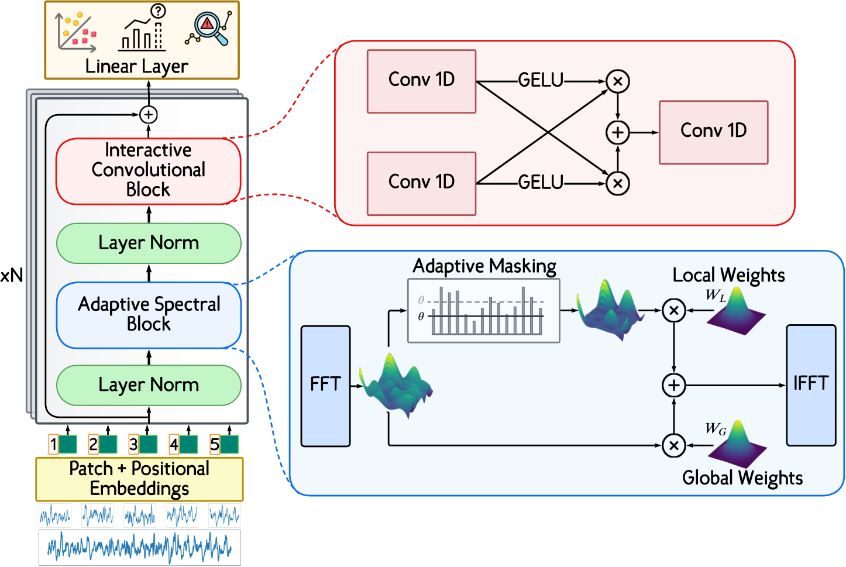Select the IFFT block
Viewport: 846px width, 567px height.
[810, 385]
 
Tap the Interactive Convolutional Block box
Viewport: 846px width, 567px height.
[148, 171]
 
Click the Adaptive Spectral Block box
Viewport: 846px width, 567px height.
[149, 315]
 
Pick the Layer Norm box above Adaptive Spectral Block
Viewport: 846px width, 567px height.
[149, 243]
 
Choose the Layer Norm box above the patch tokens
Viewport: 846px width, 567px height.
[149, 385]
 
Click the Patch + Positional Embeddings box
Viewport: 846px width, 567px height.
[139, 479]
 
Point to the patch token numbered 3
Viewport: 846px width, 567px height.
[143, 445]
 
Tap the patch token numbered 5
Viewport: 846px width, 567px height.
[224, 445]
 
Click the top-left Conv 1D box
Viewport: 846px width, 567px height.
[421, 81]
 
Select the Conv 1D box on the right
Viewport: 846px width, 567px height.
[713, 132]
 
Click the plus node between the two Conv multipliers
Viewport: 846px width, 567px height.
[617, 132]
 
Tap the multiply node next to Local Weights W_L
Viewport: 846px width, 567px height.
[673, 310]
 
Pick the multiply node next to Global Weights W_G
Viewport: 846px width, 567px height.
[673, 445]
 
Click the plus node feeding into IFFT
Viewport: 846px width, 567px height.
[673, 385]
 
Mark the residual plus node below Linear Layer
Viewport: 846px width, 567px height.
[149, 115]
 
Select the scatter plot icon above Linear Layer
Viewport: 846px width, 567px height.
[76, 32]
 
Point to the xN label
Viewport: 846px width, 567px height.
[12, 275]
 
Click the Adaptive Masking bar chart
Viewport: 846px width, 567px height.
[483, 311]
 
